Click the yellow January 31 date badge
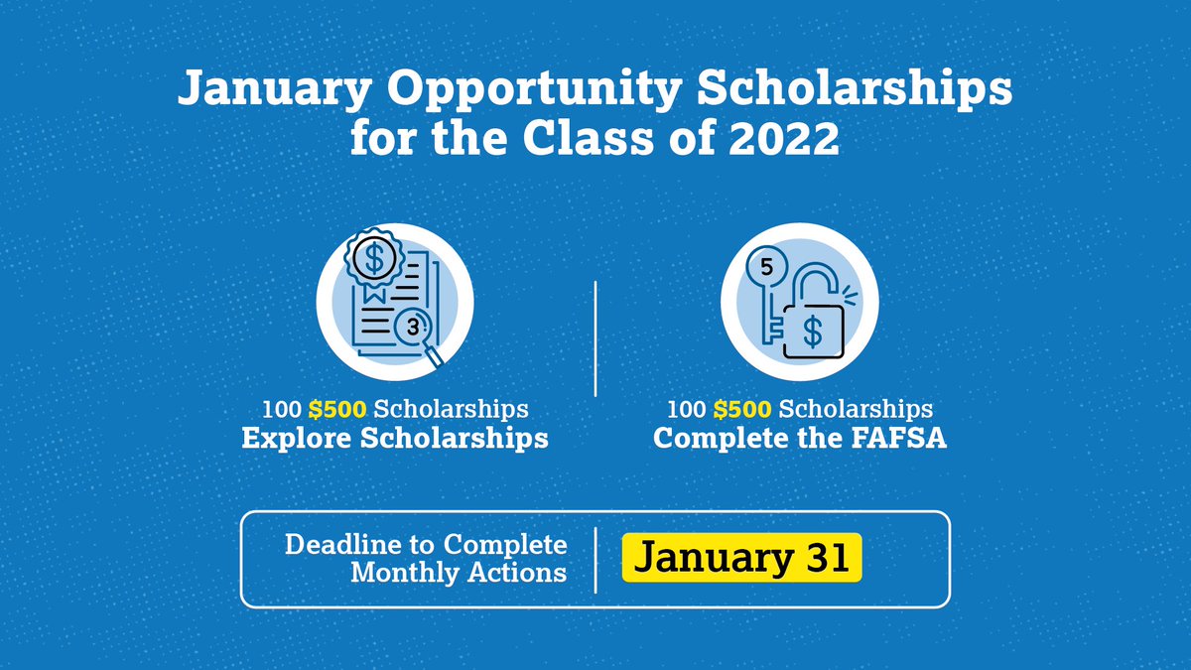[x=742, y=558]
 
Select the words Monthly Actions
[x=459, y=573]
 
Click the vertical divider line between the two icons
[x=595, y=337]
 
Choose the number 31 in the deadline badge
[x=826, y=558]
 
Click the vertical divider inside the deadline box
[x=595, y=558]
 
